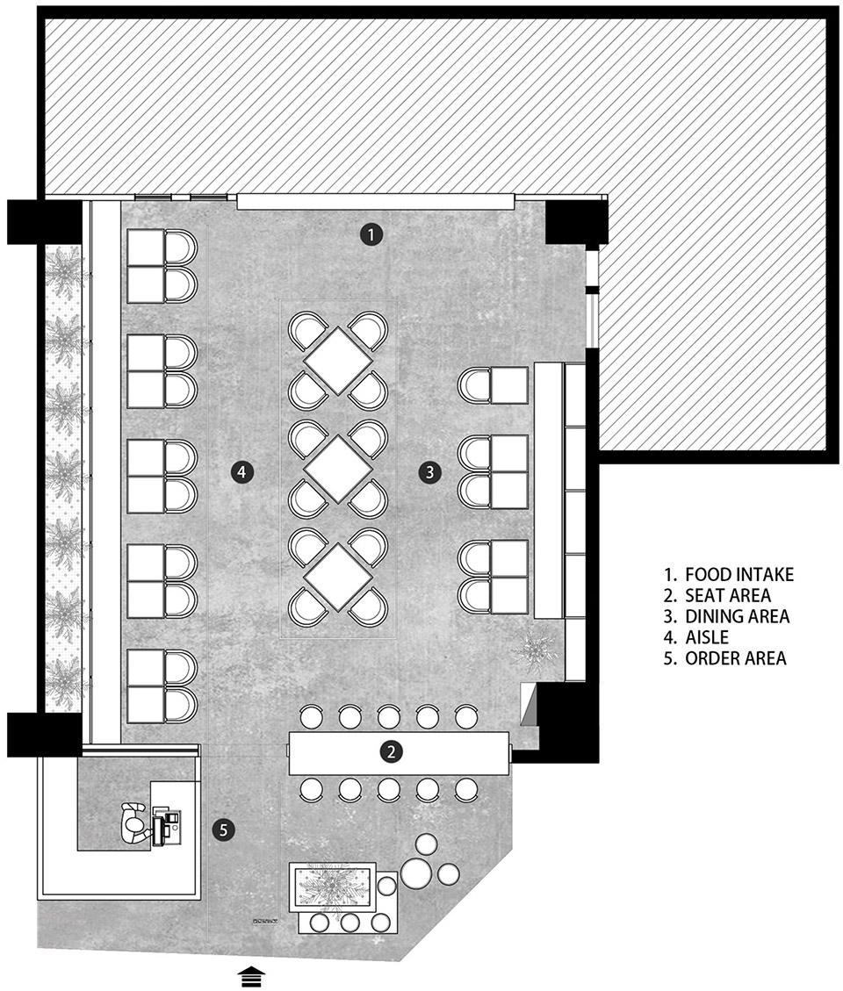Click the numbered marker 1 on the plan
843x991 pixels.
coord(371,234)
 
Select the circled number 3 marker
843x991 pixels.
coord(430,471)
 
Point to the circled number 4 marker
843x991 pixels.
coord(242,471)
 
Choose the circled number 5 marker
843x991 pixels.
coord(223,829)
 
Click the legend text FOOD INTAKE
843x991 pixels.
coord(739,575)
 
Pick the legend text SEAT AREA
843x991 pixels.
coord(728,595)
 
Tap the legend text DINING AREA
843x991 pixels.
coord(738,616)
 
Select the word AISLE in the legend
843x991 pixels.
coord(707,637)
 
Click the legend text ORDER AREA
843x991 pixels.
coord(736,658)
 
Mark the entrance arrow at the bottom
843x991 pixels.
coord(251,976)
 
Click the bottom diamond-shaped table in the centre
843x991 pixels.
coord(338,577)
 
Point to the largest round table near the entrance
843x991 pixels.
coord(417,873)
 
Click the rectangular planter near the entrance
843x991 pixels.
coord(333,887)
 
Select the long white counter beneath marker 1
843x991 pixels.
coord(376,201)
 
